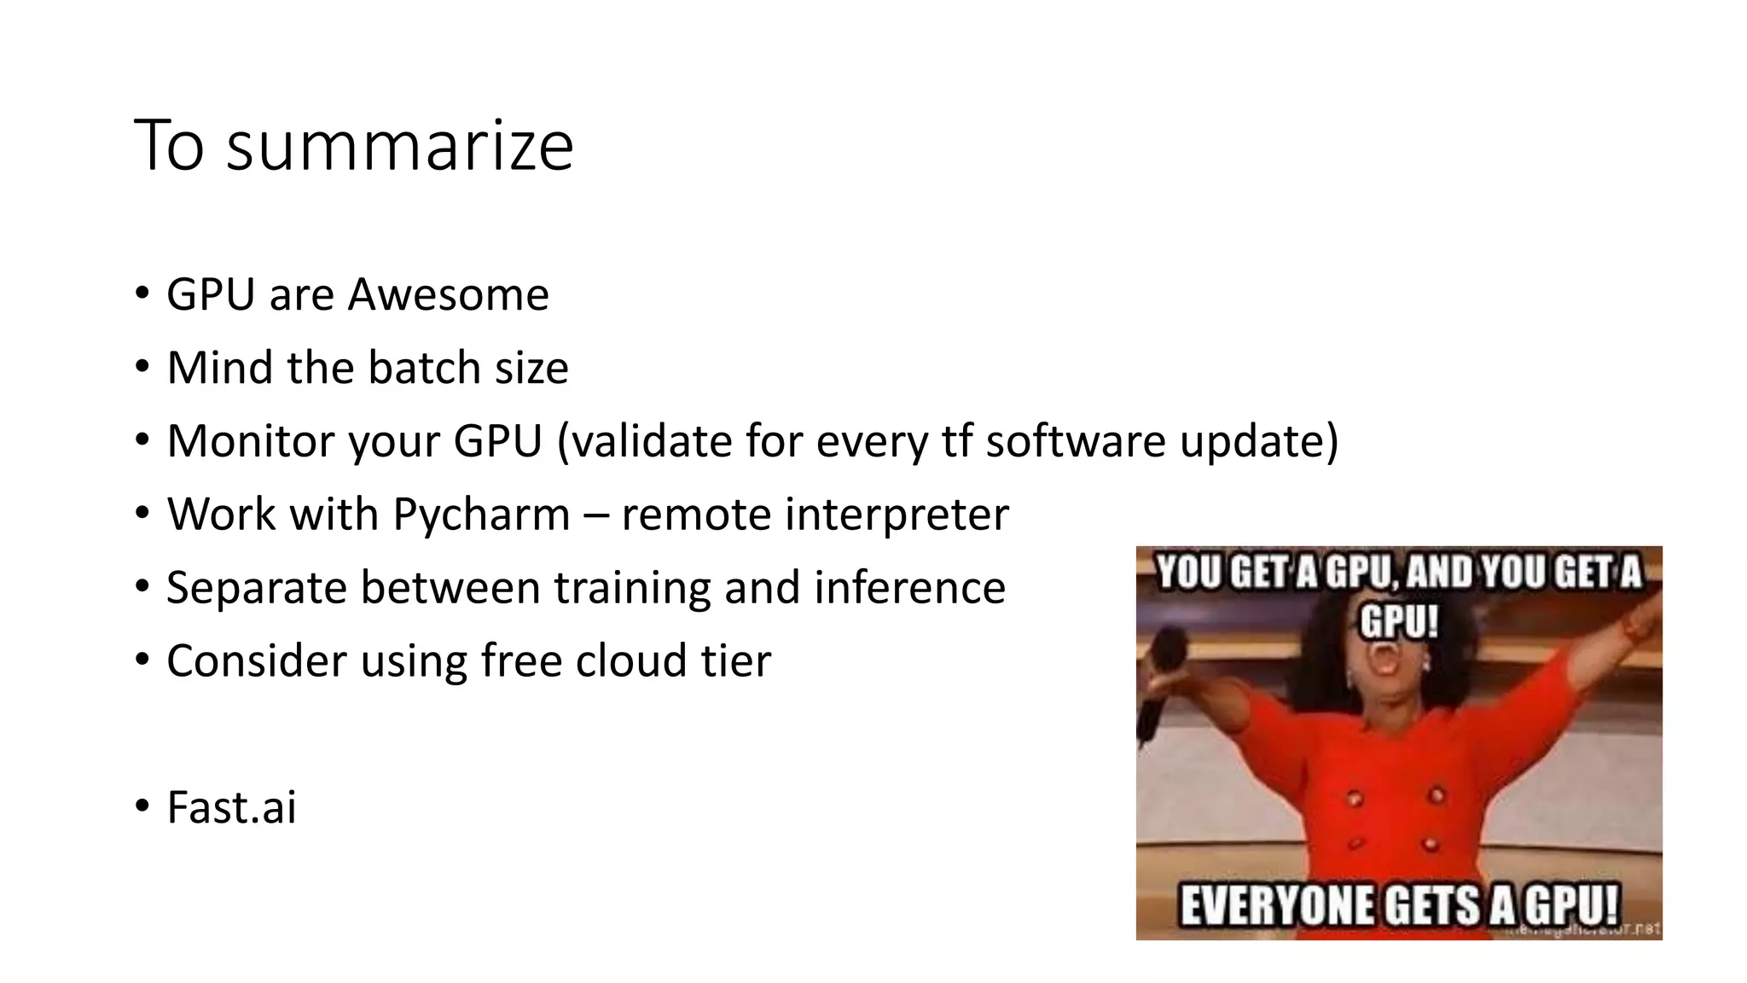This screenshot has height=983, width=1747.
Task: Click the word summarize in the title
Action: (x=399, y=147)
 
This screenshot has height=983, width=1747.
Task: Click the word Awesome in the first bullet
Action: (x=448, y=295)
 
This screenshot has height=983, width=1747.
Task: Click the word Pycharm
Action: (x=481, y=515)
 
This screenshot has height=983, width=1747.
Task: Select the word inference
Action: (x=909, y=589)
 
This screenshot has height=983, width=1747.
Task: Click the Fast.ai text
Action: (x=231, y=808)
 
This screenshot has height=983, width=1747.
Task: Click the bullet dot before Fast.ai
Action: (x=142, y=806)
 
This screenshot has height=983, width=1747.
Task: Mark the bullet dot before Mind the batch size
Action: (x=142, y=367)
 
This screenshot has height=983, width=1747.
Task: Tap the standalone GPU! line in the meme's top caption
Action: (x=1399, y=621)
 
